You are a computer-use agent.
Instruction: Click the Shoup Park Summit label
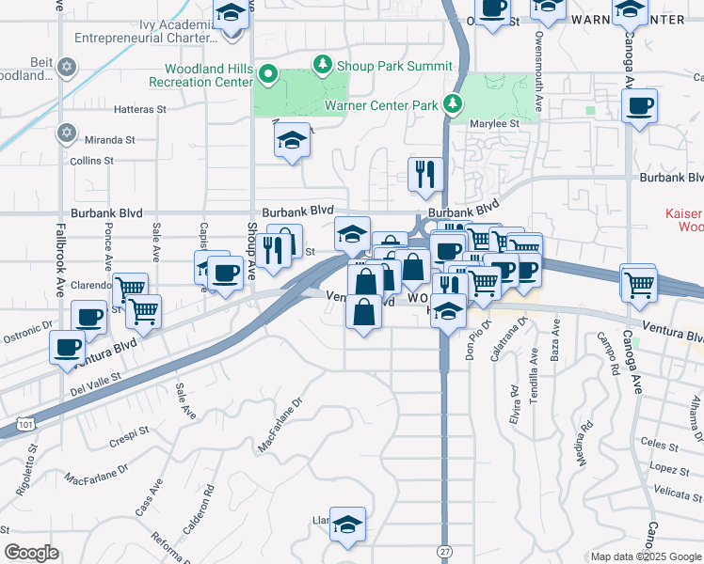(x=394, y=66)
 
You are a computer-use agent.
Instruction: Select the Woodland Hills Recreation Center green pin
(x=268, y=73)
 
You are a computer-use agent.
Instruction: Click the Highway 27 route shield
(x=443, y=549)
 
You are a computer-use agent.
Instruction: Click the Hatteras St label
(x=139, y=109)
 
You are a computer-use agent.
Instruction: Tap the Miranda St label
(x=109, y=140)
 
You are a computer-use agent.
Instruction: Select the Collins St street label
(x=91, y=161)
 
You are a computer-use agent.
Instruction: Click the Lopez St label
(x=663, y=468)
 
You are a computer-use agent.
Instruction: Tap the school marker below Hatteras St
(x=292, y=142)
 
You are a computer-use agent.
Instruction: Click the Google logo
(x=31, y=553)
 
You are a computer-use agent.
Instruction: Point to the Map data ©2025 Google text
(x=646, y=556)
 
